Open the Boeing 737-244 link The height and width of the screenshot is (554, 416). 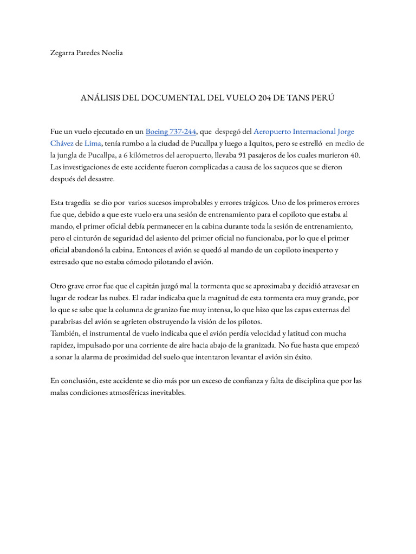tap(171, 131)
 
